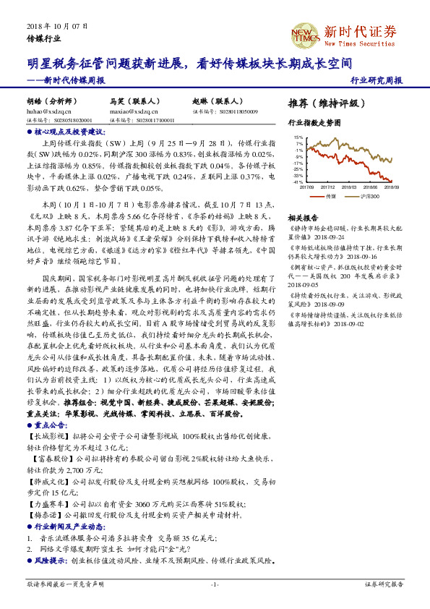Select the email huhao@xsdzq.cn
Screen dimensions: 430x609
pos(48,112)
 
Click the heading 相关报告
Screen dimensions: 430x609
pos(303,218)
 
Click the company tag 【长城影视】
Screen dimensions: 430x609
pos(45,438)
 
